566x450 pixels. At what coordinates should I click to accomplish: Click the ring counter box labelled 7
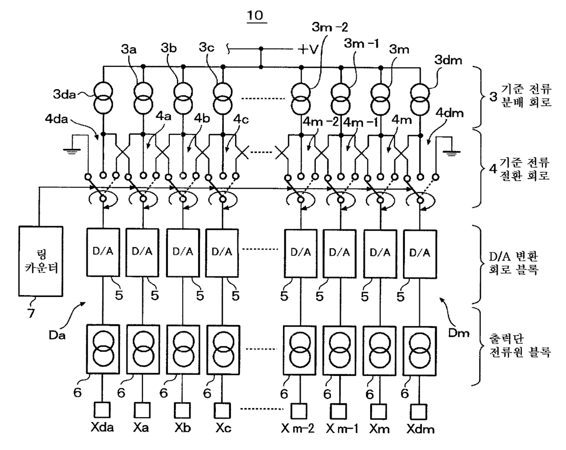41,261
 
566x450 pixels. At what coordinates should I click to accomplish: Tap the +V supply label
308,49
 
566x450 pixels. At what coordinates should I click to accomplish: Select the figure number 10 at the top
255,16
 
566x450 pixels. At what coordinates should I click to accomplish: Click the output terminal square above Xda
102,410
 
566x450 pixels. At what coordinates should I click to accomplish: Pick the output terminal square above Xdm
419,412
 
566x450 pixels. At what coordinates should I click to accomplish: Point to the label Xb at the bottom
183,428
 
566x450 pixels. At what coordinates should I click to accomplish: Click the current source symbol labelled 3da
103,98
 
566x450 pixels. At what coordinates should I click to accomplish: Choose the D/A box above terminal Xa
142,253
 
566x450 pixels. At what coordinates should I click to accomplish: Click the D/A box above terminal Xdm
420,254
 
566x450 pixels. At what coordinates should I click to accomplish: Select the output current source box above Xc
223,349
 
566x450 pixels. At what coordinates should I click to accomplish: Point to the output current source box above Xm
379,351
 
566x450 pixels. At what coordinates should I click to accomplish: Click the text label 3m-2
330,27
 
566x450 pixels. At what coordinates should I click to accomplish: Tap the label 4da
56,119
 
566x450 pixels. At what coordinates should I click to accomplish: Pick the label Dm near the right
459,334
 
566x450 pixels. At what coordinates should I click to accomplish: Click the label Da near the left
57,335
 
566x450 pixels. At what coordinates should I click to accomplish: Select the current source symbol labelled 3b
183,98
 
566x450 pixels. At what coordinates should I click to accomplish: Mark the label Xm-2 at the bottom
298,429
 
